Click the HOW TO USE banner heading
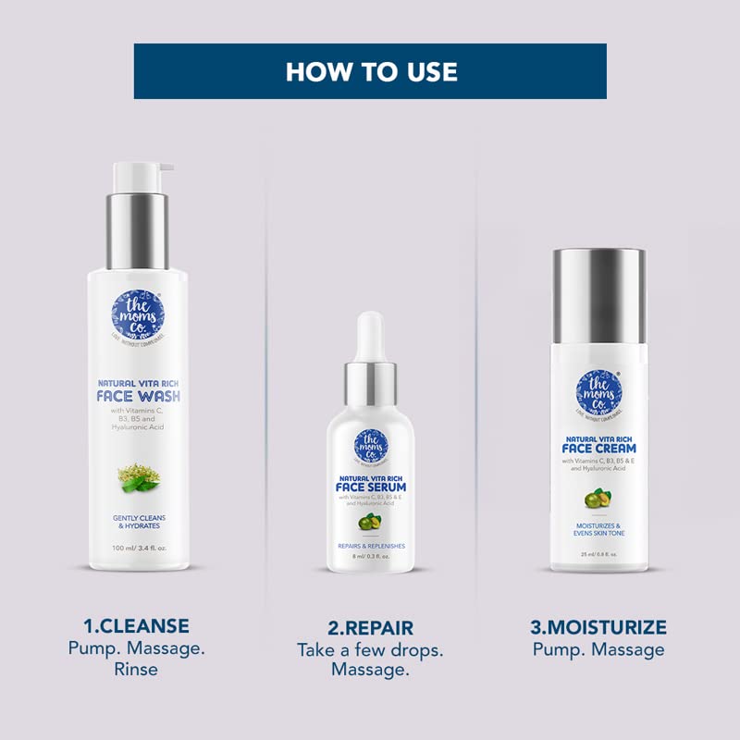370,71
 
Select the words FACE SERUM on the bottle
370,487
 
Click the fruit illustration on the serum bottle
370,522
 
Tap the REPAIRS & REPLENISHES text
370,546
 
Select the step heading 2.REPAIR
370,627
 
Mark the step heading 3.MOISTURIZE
598,627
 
